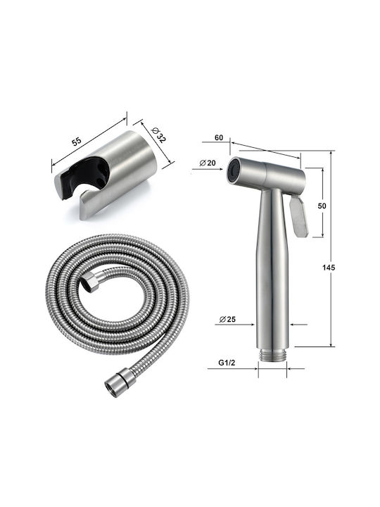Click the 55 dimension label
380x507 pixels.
(77, 142)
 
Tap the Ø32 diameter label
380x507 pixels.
(158, 134)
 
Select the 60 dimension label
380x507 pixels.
(219, 137)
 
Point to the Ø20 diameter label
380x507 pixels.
(208, 163)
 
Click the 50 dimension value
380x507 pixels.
(322, 206)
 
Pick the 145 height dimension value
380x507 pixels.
(329, 268)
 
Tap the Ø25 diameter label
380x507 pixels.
(227, 320)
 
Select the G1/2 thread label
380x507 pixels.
(227, 363)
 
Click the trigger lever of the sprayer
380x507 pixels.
(298, 217)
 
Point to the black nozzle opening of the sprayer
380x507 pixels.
(232, 170)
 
